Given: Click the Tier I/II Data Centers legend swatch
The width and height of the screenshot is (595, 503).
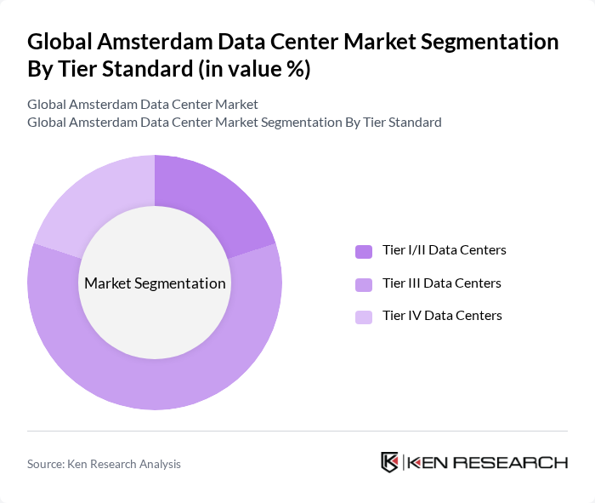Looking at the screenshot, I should tap(364, 251).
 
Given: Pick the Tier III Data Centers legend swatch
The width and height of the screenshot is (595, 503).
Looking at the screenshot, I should tap(364, 283).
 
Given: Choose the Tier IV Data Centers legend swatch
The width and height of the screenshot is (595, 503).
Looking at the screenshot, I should tap(364, 317).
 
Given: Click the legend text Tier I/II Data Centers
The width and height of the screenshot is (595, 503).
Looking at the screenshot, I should tap(445, 250).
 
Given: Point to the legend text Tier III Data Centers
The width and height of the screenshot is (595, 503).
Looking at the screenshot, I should tap(442, 283).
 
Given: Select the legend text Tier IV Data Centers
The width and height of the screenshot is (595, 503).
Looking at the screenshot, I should tap(442, 315).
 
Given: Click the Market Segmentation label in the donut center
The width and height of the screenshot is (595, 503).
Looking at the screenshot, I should tap(155, 283).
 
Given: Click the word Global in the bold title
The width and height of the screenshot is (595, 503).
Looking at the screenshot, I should tap(61, 42).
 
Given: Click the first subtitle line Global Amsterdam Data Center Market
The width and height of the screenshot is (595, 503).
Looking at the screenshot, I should tap(143, 105).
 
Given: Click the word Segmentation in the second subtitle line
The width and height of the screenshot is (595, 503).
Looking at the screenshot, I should tap(299, 122).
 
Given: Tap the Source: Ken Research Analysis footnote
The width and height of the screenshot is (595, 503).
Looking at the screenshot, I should tap(104, 464).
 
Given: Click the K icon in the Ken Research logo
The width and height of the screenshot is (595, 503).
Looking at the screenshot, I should tap(390, 462).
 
